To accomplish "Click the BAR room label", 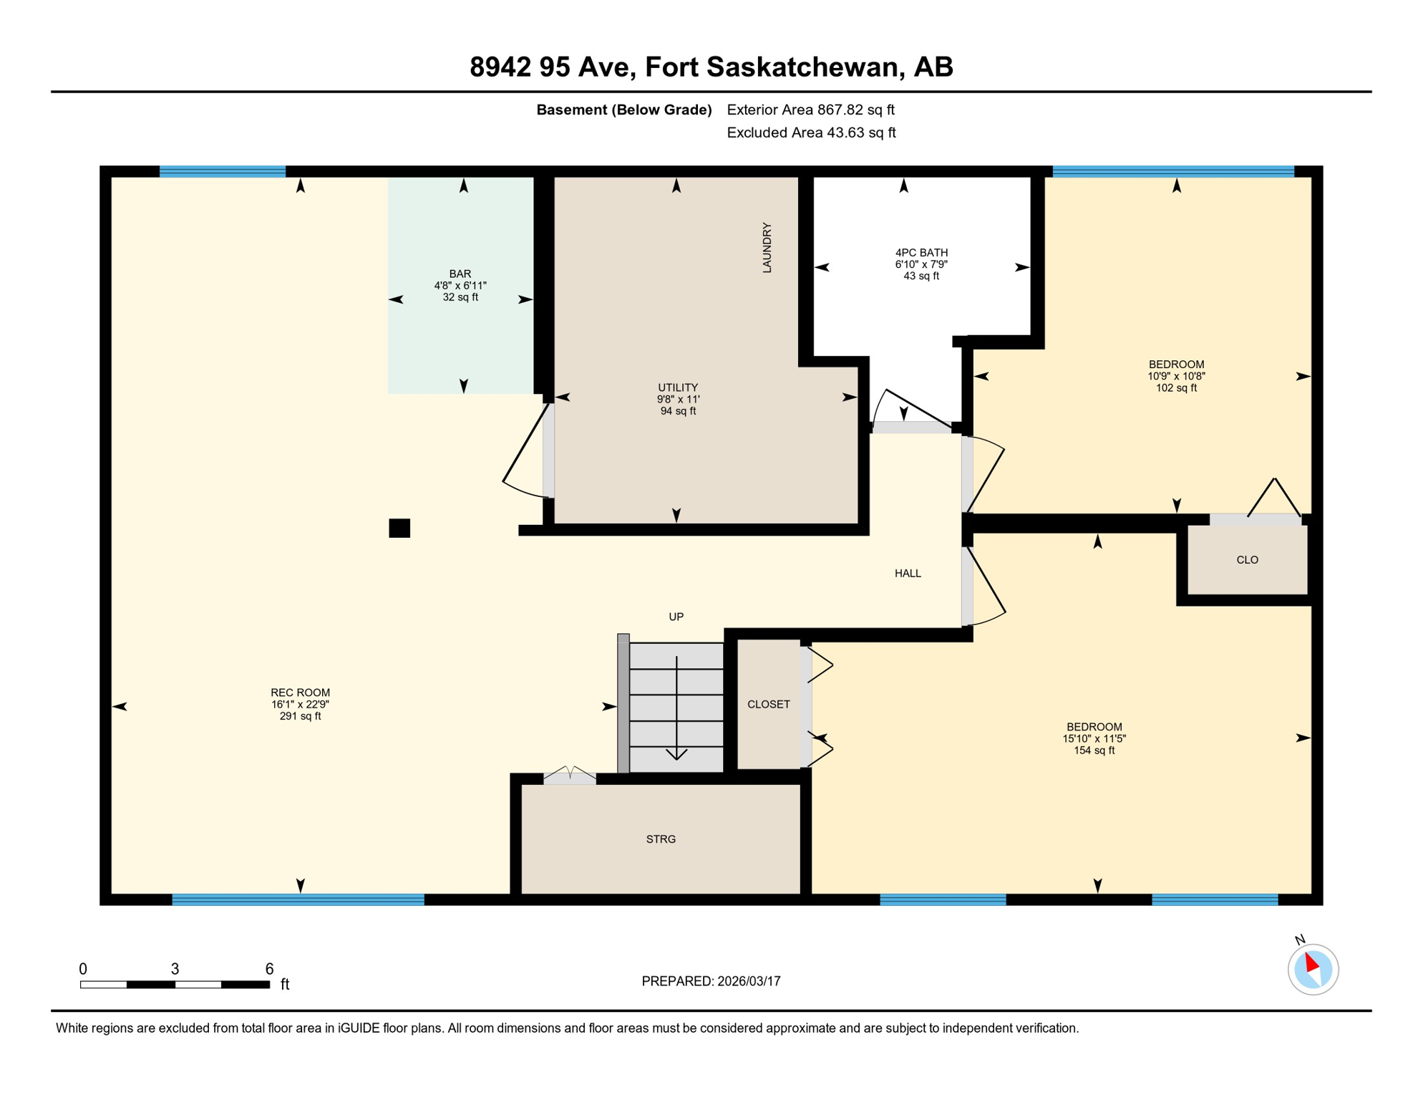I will point(460,285).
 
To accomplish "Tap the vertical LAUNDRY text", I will point(767,248).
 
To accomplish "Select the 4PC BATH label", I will point(921,264).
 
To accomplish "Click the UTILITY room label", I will point(678,399).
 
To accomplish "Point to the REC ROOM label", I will point(300,704).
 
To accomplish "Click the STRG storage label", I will point(661,839).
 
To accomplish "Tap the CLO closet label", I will point(1247,560).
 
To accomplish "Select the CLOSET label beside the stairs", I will point(768,705).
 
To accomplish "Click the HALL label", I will point(908,574).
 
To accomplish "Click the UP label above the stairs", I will point(676,617).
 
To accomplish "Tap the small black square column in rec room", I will point(399,529).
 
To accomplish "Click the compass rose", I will point(1313,970).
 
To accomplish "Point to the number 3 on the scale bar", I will point(175,969).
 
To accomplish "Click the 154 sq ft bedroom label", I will point(1094,738).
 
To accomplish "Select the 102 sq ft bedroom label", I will point(1176,376).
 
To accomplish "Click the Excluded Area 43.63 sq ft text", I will point(811,132).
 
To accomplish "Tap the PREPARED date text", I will point(711,982).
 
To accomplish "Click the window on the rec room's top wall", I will point(223,171).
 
